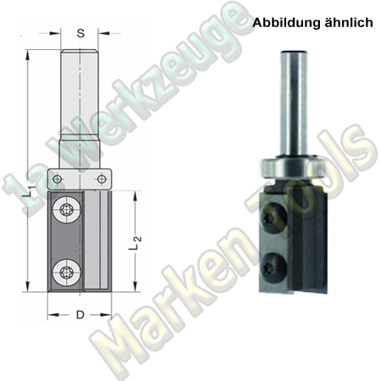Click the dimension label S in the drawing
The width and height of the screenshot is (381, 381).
click(x=80, y=35)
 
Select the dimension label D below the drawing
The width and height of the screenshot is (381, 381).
click(x=80, y=316)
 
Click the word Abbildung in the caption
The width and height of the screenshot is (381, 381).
click(x=284, y=24)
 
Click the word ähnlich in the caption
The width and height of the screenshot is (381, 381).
click(x=347, y=24)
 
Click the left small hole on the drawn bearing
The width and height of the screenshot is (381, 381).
click(x=57, y=179)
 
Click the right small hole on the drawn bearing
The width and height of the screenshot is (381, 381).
click(x=102, y=179)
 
